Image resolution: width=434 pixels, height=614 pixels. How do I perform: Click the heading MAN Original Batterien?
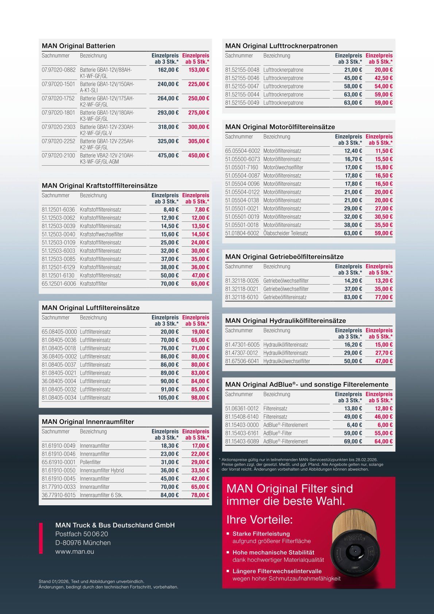coord(78,46)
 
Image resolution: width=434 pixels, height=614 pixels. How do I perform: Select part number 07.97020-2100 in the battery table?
coord(58,155)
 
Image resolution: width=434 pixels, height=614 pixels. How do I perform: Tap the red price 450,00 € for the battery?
coord(198,155)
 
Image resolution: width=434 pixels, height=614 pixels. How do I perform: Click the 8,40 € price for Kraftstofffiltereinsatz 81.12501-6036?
coord(169,209)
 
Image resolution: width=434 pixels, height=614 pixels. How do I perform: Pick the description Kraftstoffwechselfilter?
coord(101,234)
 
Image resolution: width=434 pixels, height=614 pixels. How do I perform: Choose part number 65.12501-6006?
coord(58,283)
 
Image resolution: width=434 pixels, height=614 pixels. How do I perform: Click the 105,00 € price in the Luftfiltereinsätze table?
coord(168,397)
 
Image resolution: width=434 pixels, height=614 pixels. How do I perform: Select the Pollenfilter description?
coord(90,462)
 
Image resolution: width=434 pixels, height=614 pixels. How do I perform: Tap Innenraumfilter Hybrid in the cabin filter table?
coord(102,470)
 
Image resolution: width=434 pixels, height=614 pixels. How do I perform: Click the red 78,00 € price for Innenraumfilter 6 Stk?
coord(200,495)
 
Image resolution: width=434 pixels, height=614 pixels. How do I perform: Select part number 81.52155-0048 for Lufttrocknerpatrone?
coord(242,70)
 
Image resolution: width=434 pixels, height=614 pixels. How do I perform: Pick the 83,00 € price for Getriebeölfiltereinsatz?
coord(353,297)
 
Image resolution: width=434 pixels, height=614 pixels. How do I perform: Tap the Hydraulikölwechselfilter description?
coord(287,361)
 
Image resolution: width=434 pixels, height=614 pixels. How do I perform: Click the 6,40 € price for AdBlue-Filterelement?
coord(354,425)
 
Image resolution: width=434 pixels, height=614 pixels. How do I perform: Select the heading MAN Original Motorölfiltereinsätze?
coord(280,127)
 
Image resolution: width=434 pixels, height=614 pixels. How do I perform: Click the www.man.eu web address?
coord(74,551)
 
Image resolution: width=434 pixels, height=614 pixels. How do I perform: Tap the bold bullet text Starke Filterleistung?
coord(261,533)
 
